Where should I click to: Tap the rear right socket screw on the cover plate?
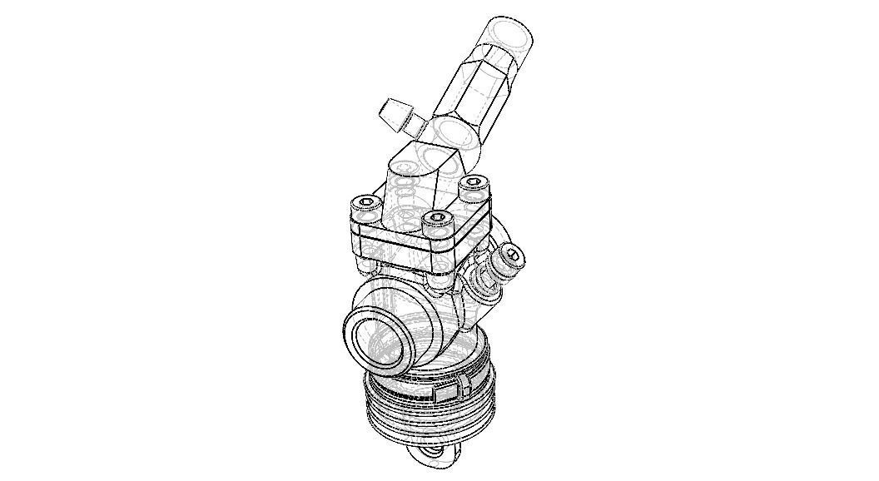click(473, 184)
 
